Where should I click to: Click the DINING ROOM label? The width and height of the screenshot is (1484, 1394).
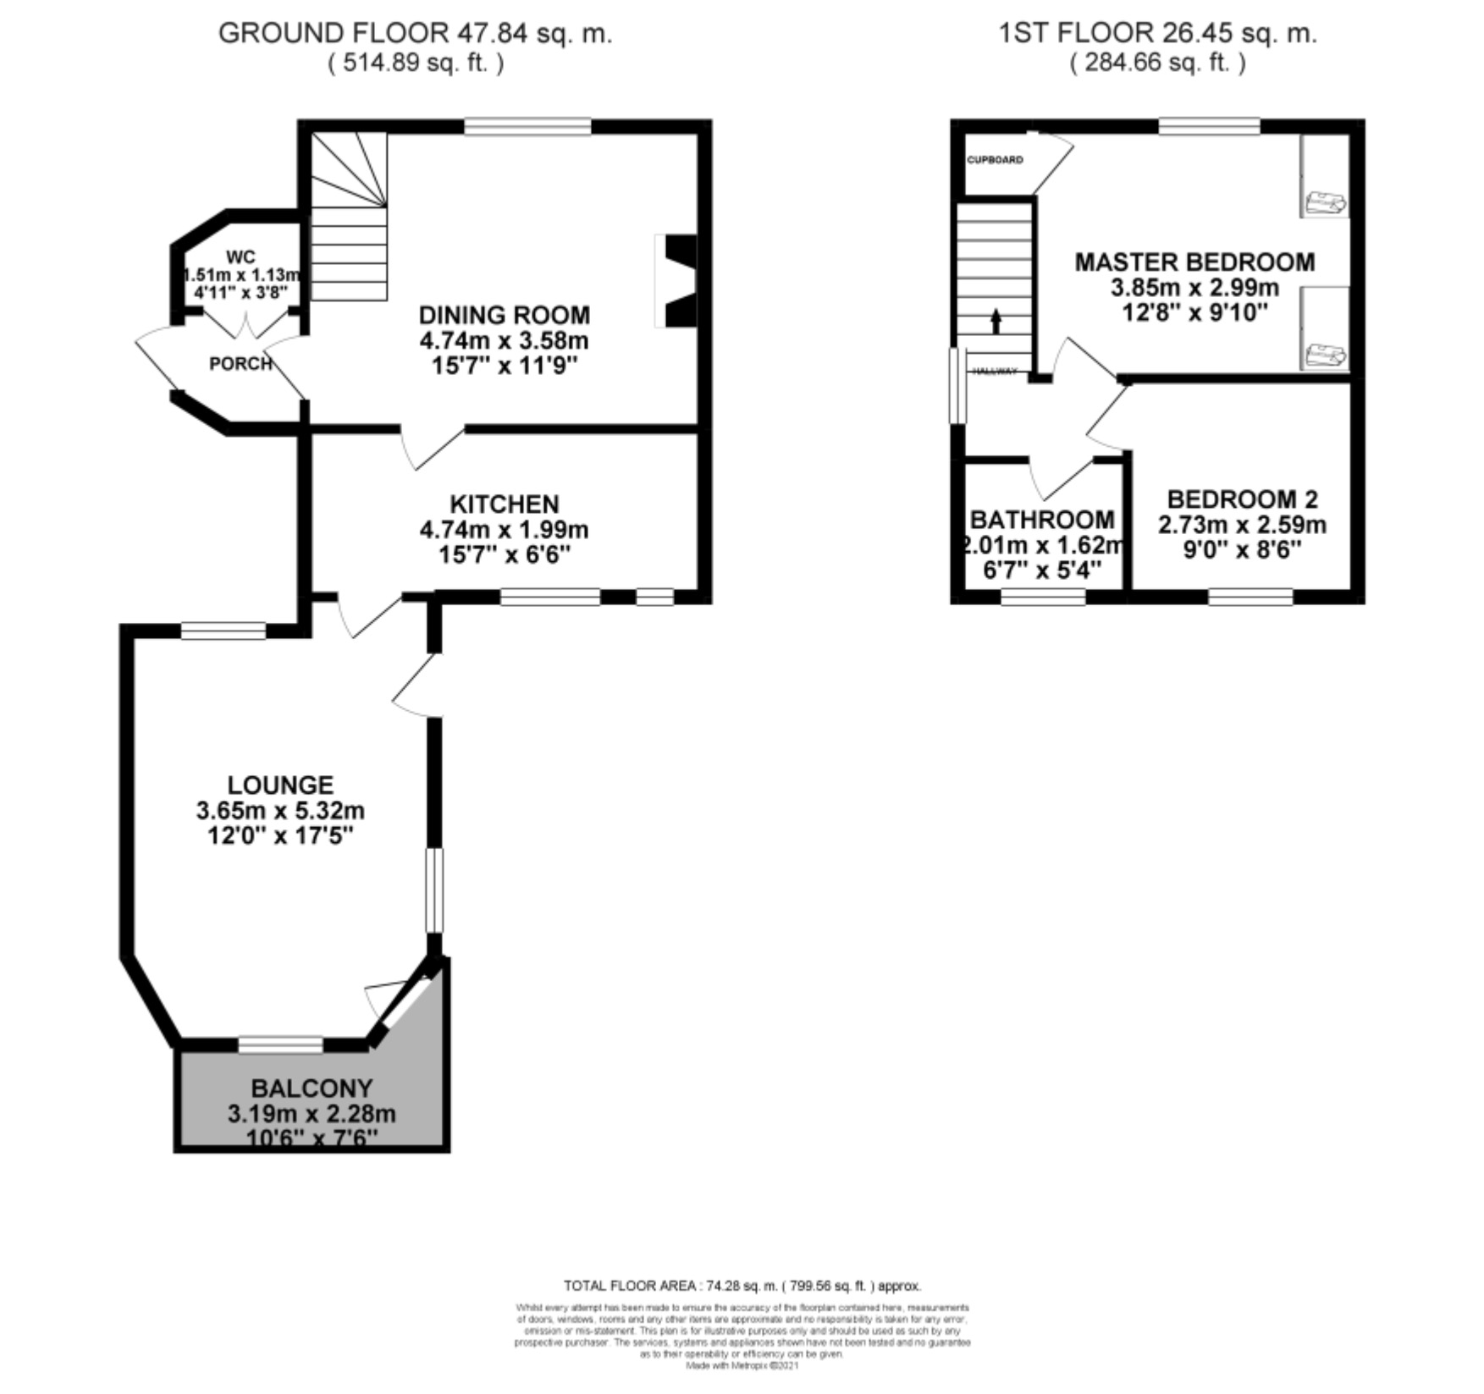tap(504, 316)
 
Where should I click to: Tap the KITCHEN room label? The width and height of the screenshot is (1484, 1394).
tap(504, 504)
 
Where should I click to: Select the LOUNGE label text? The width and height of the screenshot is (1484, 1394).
tap(280, 785)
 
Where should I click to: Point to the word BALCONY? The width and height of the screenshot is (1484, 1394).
tap(312, 1088)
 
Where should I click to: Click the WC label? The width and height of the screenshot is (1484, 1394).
tap(240, 257)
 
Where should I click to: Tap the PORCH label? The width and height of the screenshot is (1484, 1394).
tap(240, 364)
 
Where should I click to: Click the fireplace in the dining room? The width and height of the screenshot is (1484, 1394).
tap(677, 281)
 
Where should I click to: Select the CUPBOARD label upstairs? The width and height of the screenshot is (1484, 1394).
tap(995, 160)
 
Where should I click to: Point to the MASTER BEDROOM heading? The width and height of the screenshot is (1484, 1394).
tap(1194, 262)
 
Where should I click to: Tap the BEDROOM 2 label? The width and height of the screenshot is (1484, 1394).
tap(1242, 499)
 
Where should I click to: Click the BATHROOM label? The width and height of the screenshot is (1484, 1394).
tap(1042, 519)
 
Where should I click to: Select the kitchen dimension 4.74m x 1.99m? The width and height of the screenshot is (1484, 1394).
tap(504, 530)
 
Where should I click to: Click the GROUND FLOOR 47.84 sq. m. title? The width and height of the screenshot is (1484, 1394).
tap(415, 34)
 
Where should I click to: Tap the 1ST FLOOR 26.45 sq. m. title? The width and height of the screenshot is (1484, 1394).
tap(1157, 34)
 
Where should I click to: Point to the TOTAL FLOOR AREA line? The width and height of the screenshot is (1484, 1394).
tap(742, 1286)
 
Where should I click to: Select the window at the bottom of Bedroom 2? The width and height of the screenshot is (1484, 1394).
tap(1250, 597)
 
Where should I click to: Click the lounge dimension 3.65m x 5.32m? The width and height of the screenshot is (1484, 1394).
tap(280, 811)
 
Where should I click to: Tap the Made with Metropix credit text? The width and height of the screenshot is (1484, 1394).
tap(742, 1365)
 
